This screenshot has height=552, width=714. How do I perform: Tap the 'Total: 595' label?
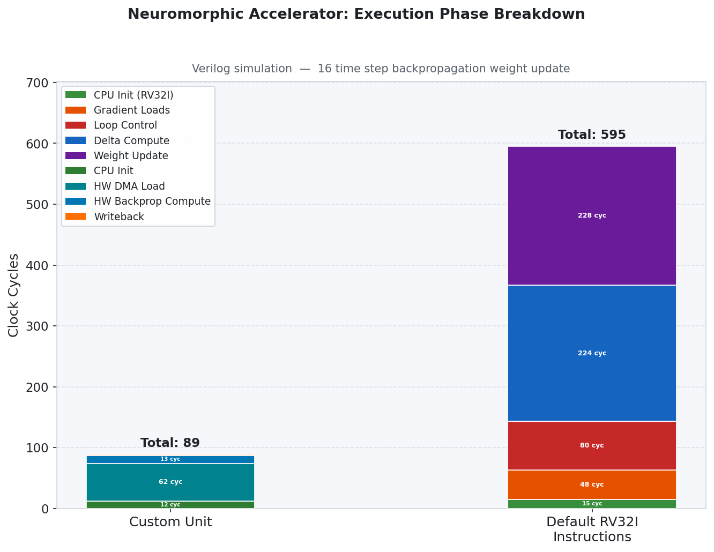coord(592,135)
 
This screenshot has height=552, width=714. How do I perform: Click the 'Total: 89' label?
coord(170,443)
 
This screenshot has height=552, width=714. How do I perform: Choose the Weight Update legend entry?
coord(131,156)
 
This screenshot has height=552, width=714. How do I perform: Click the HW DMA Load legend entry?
coord(129,187)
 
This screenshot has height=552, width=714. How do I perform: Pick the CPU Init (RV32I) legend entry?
coord(133,95)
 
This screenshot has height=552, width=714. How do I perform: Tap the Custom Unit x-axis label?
coord(170,522)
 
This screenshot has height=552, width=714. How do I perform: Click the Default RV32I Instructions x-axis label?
coord(592,529)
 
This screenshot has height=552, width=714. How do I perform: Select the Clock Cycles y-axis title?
coord(14,295)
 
